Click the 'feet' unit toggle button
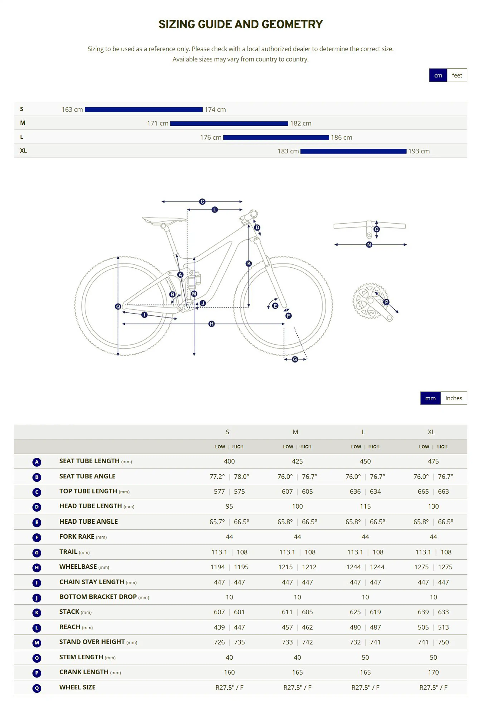(457, 75)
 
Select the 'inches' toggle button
(453, 398)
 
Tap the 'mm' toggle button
(430, 398)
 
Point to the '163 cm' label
(72, 109)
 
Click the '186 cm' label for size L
(341, 137)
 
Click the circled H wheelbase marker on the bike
(211, 324)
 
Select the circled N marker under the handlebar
(369, 245)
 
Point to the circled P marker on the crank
(386, 302)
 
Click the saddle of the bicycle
(164, 220)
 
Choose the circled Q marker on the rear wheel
(118, 307)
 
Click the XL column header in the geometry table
(431, 432)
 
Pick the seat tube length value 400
(229, 461)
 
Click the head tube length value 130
(433, 506)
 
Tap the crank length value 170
(433, 672)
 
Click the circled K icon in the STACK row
(37, 613)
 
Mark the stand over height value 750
(443, 642)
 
